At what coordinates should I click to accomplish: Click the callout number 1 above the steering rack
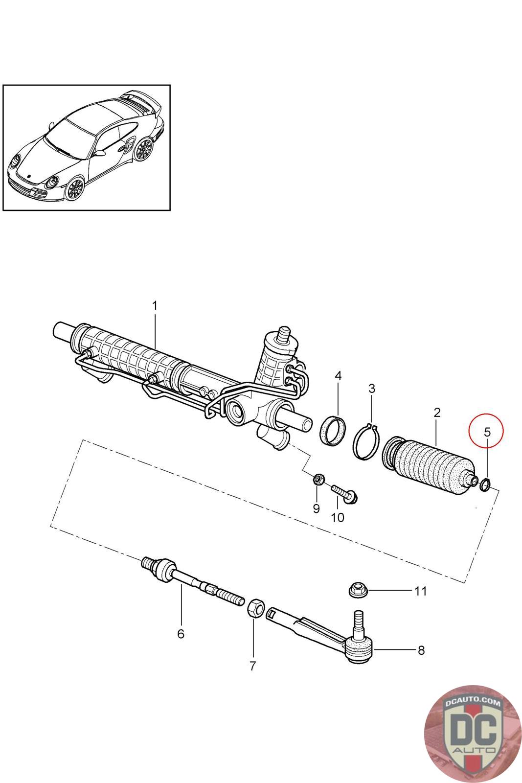(155, 306)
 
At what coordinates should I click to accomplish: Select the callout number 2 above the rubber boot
(437, 413)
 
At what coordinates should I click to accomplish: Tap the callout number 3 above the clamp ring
(372, 389)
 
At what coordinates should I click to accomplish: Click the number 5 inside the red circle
(487, 432)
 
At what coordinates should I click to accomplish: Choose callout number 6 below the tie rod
(181, 634)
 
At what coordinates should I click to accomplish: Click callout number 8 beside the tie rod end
(421, 650)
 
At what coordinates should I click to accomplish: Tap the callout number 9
(317, 508)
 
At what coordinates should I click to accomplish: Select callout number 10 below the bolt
(338, 517)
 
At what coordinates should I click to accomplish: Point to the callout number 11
(421, 591)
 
